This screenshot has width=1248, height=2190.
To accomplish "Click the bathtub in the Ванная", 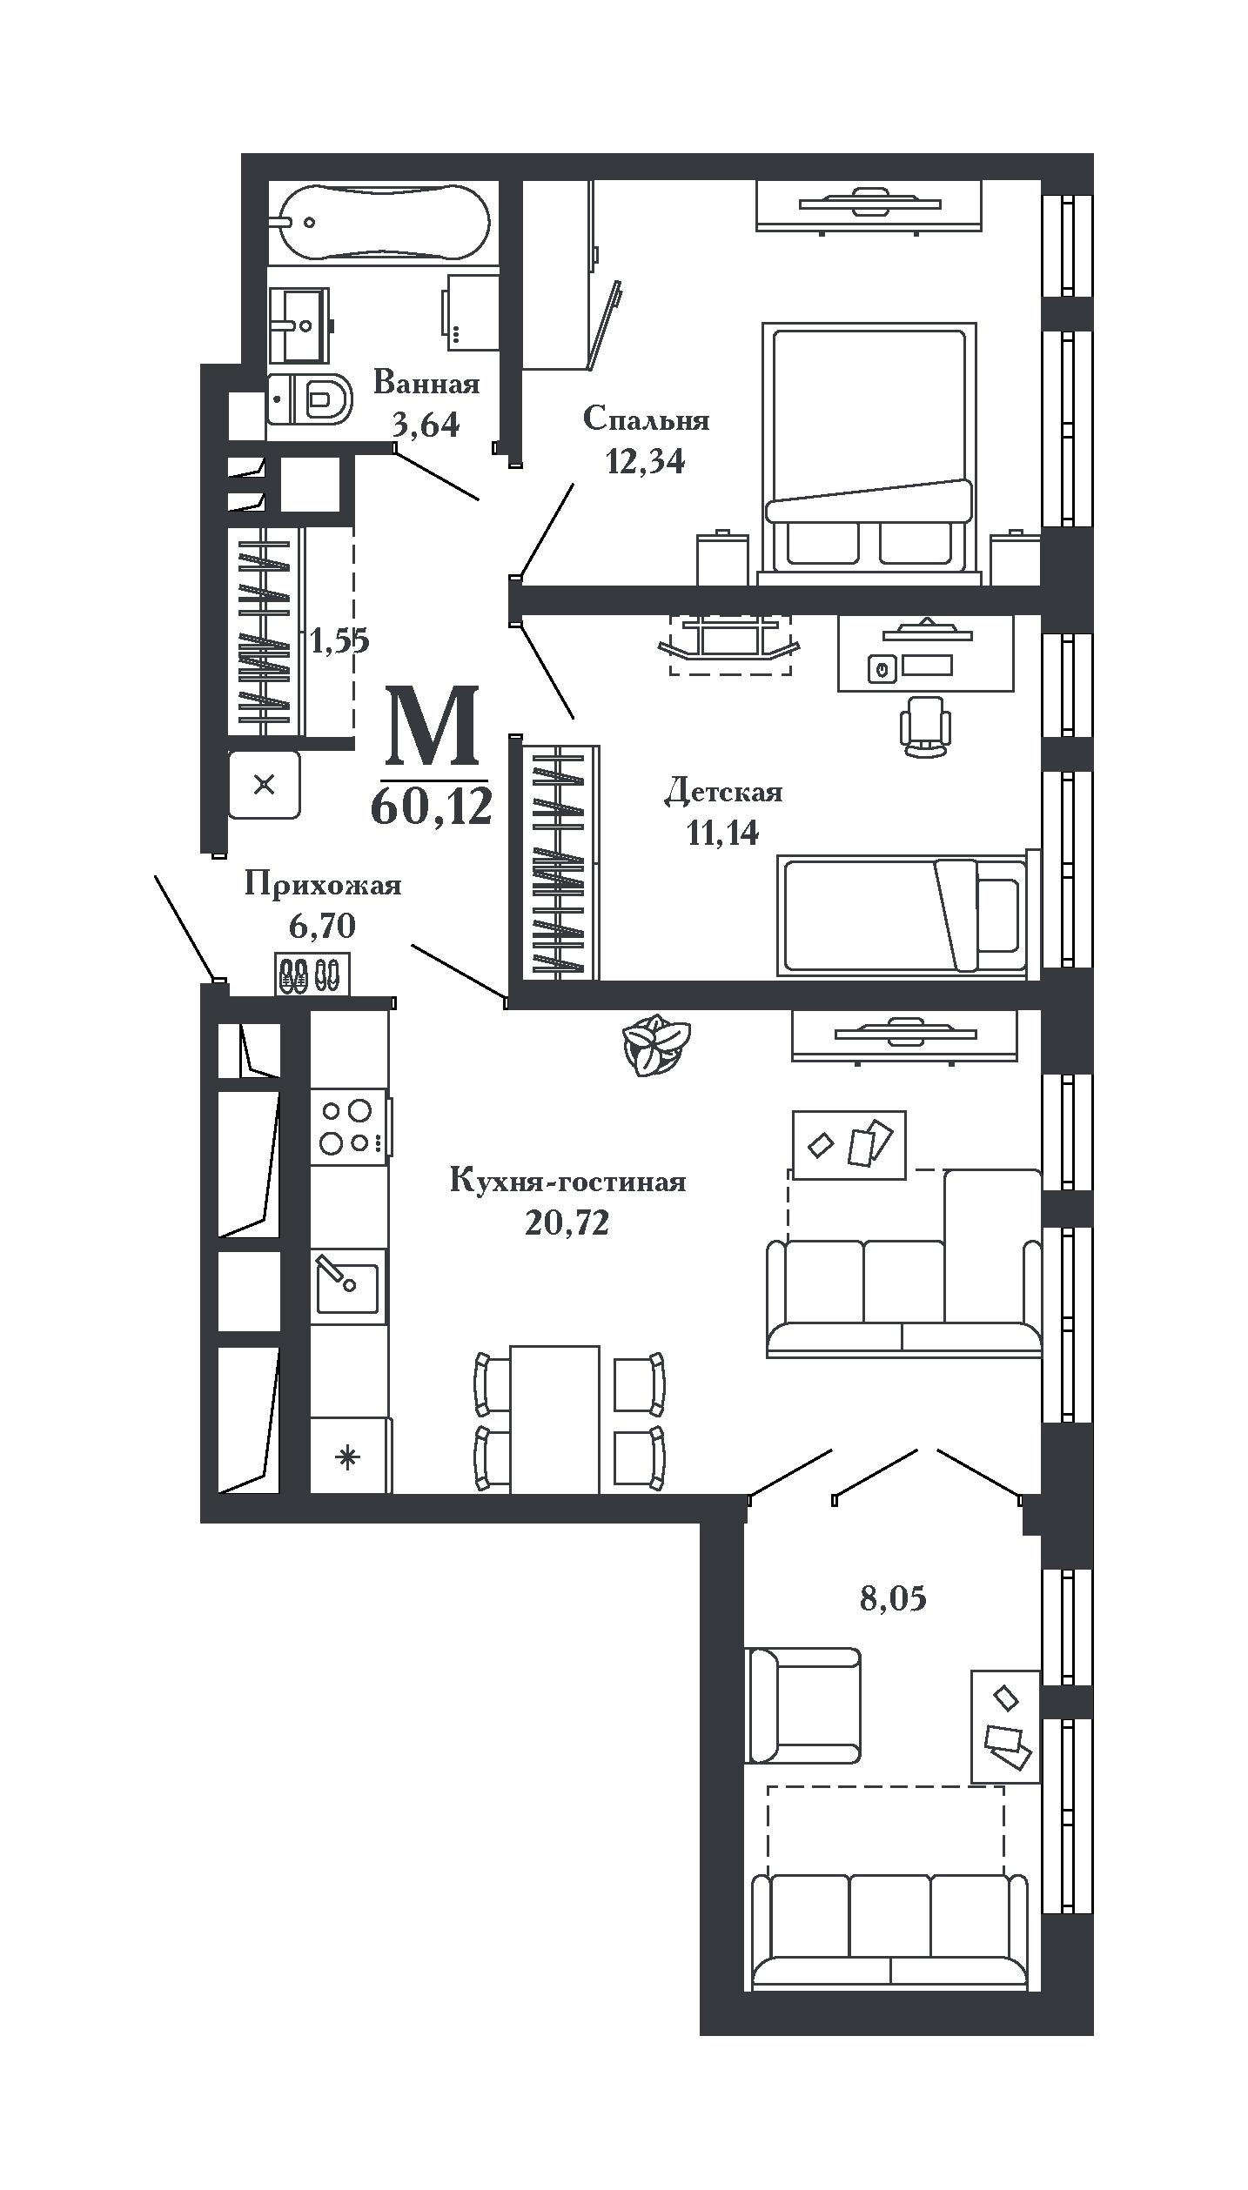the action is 383,222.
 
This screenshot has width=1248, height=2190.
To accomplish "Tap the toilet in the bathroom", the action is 310,398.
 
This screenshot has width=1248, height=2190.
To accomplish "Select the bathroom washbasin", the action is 300,325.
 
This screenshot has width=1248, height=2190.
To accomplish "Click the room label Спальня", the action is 646,419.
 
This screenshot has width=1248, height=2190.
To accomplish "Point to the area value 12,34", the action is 645,461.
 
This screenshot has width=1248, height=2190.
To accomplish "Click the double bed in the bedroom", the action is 869,448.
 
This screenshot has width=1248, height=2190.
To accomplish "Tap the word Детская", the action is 723,793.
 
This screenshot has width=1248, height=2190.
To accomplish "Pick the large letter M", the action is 433,723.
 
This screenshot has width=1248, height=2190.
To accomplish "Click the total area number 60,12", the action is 432,806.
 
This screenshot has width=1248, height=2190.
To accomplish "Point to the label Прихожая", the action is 323,885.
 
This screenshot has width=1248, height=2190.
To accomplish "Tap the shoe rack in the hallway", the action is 312,974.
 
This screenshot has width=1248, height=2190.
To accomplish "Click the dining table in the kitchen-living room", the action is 554,1419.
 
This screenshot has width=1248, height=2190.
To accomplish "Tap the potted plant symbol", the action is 656,1045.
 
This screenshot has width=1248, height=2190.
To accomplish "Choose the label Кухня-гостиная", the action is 568,1182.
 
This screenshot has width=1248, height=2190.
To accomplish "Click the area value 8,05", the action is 893,1598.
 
